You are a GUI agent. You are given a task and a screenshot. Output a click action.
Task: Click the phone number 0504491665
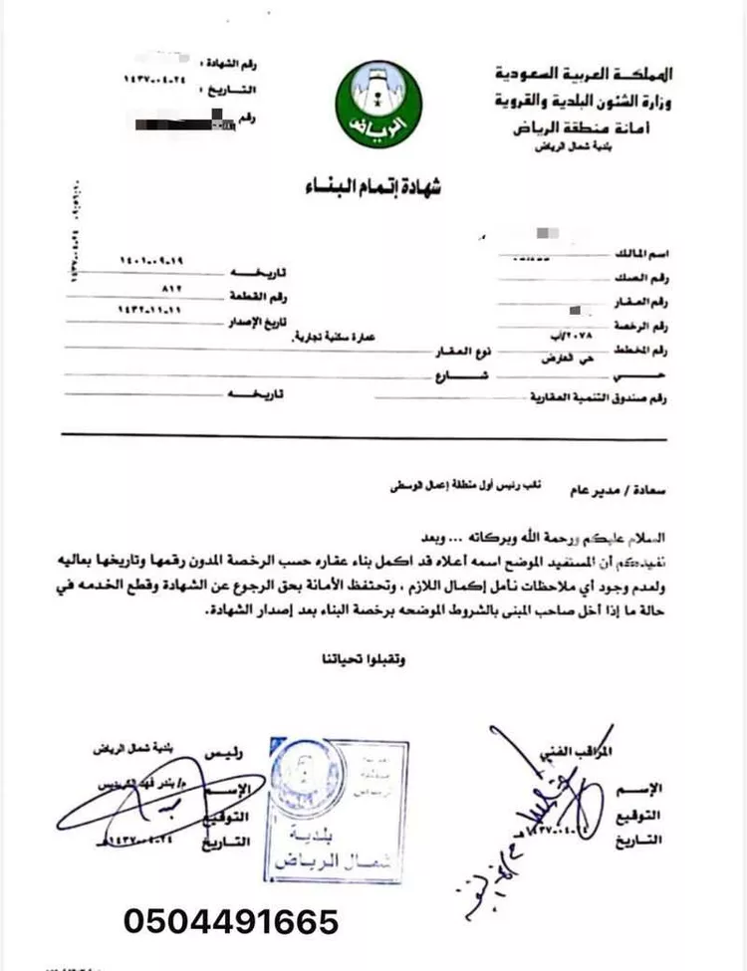[231, 920]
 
